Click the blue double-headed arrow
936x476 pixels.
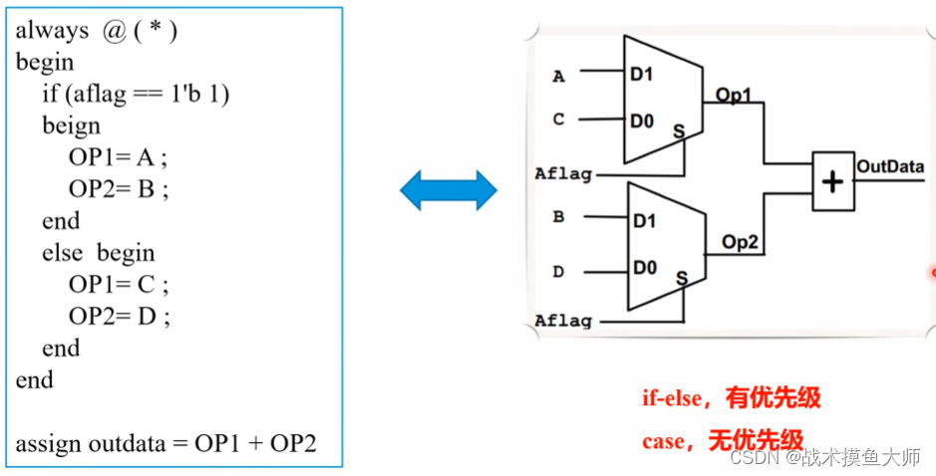click(449, 189)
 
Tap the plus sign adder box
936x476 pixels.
click(833, 181)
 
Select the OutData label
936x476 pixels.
click(890, 166)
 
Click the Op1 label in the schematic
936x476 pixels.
click(734, 96)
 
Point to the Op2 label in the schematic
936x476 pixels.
click(741, 241)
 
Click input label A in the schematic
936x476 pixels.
click(558, 76)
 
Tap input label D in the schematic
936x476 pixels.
click(558, 271)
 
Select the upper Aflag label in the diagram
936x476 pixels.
click(563, 174)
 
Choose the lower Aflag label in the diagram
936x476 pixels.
click(563, 321)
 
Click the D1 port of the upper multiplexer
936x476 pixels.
click(642, 74)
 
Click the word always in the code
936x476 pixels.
click(52, 30)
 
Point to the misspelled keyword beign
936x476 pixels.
click(71, 125)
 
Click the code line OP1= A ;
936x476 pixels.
click(119, 157)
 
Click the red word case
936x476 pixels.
click(663, 440)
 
